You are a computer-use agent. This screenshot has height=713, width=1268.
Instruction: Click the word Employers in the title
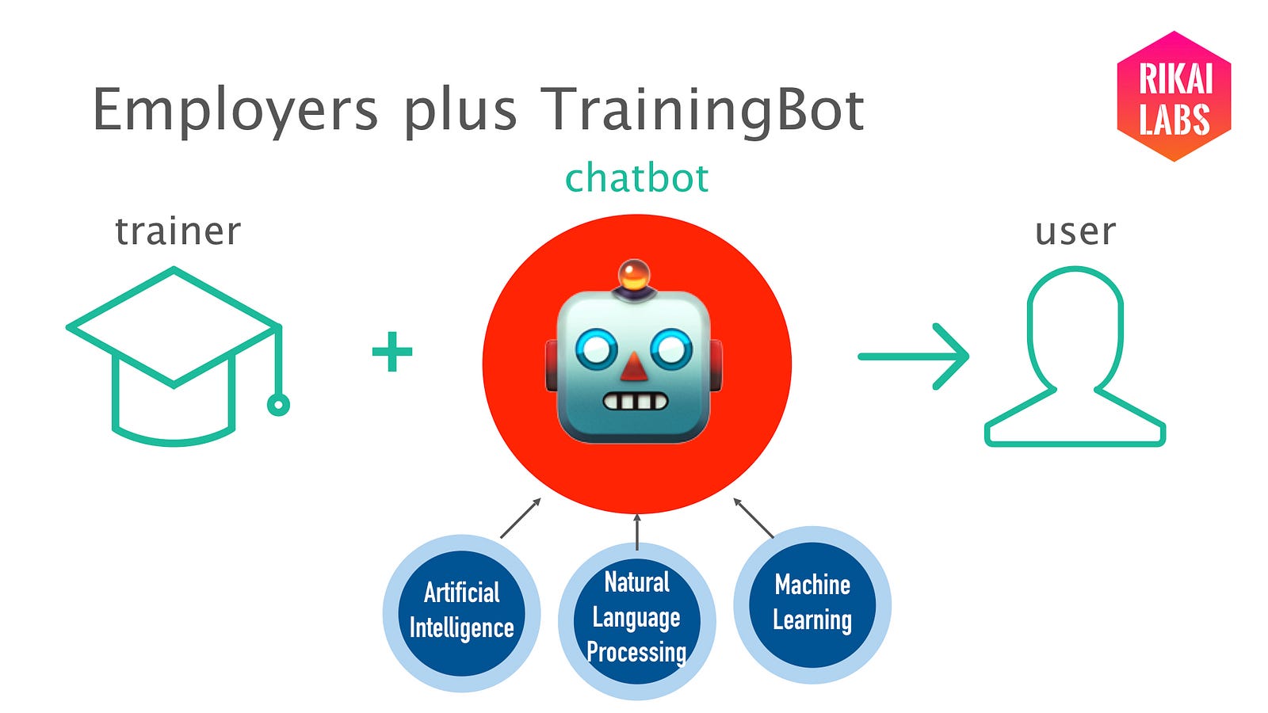(x=235, y=111)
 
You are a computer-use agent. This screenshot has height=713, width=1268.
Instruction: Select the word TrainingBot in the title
(x=702, y=111)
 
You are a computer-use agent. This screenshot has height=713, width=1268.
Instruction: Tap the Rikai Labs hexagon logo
(x=1174, y=96)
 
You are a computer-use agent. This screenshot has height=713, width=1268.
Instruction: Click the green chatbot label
(x=637, y=177)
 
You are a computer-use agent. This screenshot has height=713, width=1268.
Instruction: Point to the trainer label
(x=178, y=231)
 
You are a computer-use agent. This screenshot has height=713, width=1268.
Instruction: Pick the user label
(x=1075, y=233)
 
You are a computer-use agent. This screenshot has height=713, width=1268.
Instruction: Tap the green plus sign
(x=392, y=352)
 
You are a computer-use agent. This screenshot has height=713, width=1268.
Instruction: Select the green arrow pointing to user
(x=913, y=356)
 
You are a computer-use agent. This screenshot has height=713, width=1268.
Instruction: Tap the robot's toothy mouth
(x=635, y=402)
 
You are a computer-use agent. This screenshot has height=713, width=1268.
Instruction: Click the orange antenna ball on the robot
(x=633, y=275)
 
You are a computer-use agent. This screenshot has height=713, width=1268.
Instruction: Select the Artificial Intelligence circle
(x=461, y=613)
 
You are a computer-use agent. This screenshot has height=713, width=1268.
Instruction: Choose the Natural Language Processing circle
(x=637, y=621)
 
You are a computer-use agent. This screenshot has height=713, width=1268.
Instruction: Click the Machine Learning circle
(x=812, y=605)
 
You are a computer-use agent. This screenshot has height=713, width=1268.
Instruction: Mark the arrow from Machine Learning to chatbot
(x=754, y=518)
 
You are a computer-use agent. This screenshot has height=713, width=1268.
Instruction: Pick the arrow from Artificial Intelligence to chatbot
(x=521, y=518)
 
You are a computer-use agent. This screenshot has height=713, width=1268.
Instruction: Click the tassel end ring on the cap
(x=278, y=405)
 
